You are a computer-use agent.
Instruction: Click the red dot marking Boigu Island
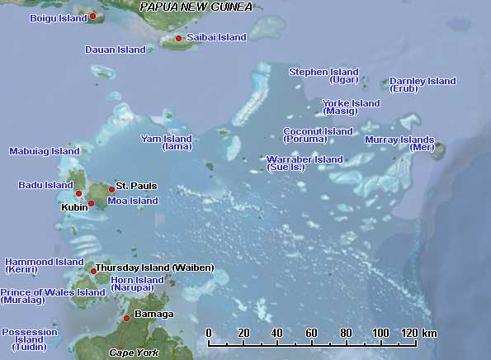92,16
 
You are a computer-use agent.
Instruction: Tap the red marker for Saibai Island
178,38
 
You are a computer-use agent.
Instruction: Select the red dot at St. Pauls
111,189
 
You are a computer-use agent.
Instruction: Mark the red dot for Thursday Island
94,270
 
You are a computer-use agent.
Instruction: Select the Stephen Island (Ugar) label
323,76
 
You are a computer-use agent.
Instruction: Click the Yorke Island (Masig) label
351,107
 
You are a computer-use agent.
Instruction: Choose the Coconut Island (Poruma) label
318,135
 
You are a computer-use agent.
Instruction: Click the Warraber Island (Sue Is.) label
304,163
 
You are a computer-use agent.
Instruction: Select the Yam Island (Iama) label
167,142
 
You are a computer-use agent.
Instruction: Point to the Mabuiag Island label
44,152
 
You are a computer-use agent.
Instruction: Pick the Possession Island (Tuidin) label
30,339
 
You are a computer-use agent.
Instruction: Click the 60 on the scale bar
312,333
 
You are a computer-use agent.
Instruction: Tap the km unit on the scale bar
429,333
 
